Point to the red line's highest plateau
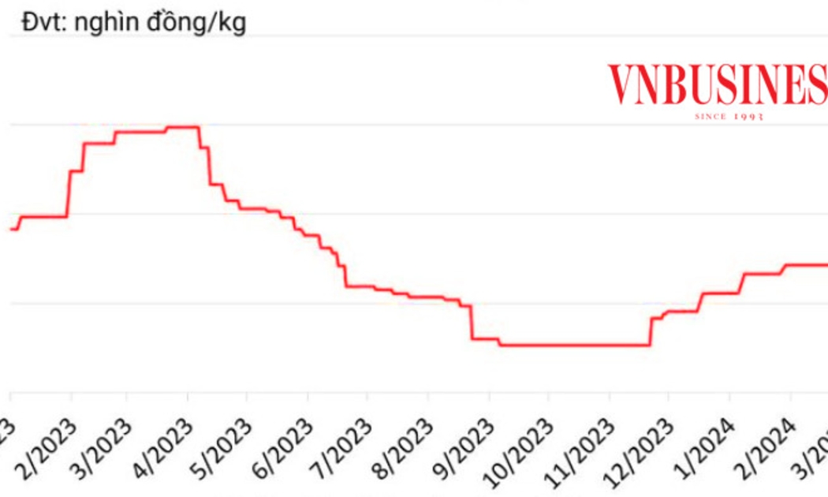point(181,126)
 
